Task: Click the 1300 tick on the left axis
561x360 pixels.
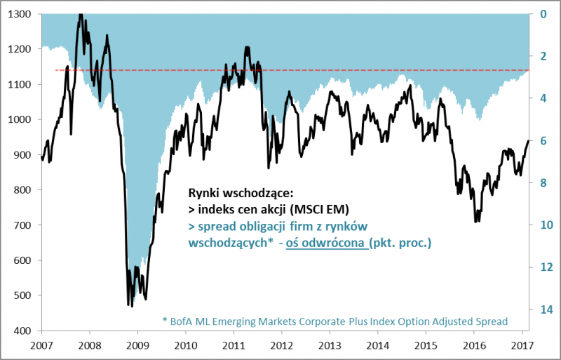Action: coord(20,14)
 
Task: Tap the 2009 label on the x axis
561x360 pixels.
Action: coord(137,345)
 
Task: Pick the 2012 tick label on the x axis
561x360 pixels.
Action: coord(281,345)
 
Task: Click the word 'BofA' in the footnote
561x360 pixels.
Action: coord(182,321)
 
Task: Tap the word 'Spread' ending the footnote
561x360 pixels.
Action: coord(491,321)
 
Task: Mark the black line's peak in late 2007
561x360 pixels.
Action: coord(80,14)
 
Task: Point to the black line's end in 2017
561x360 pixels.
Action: coord(528,141)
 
